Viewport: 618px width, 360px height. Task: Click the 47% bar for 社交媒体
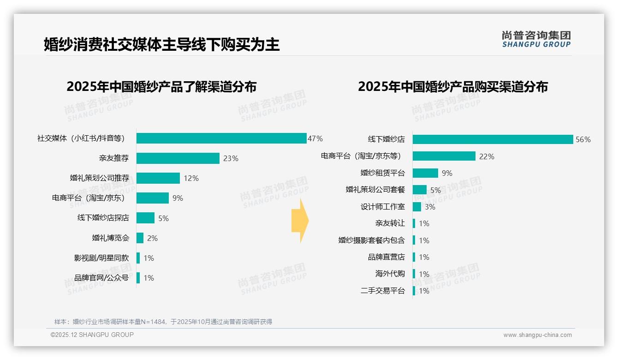pyautogui.click(x=221, y=138)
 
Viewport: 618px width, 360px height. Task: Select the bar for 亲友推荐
pyautogui.click(x=178, y=158)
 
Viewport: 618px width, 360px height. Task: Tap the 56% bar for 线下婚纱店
pyautogui.click(x=493, y=139)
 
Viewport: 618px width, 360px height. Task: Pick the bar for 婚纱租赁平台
pyautogui.click(x=425, y=173)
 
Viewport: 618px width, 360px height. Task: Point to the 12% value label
pyautogui.click(x=191, y=178)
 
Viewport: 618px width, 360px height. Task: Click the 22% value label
pyautogui.click(x=487, y=156)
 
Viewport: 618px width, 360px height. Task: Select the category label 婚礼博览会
pyautogui.click(x=111, y=238)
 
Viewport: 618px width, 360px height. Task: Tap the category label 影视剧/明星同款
pyautogui.click(x=101, y=258)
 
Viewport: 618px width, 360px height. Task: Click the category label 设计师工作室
pyautogui.click(x=382, y=207)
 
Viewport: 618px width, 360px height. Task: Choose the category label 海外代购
pyautogui.click(x=390, y=274)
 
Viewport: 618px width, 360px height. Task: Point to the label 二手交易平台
pyautogui.click(x=382, y=291)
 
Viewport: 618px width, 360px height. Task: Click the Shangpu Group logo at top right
pyautogui.click(x=536, y=39)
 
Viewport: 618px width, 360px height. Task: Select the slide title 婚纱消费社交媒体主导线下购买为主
pyautogui.click(x=161, y=45)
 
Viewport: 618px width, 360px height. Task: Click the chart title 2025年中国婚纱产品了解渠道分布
pyautogui.click(x=161, y=87)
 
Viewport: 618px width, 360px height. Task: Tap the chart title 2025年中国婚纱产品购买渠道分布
pyautogui.click(x=452, y=87)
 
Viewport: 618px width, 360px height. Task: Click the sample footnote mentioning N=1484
pyautogui.click(x=163, y=322)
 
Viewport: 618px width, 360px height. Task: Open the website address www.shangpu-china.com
pyautogui.click(x=537, y=335)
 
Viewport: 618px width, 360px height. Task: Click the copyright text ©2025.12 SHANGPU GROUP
pyautogui.click(x=92, y=335)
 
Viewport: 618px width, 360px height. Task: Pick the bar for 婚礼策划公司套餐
pyautogui.click(x=420, y=190)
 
